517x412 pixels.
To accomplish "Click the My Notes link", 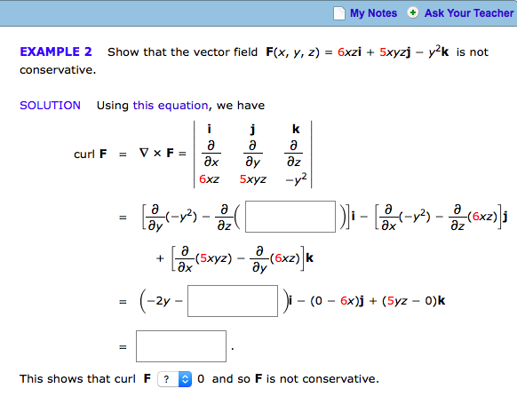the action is [x=373, y=13].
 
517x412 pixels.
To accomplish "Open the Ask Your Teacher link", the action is [x=469, y=13].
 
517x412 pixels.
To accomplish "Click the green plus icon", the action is [x=412, y=12].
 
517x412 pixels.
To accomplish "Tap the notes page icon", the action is [x=339, y=13].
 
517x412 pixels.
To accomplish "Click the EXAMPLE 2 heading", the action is [x=56, y=51].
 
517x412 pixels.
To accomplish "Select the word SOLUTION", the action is [x=50, y=106].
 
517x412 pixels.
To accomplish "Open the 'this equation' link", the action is [x=171, y=106].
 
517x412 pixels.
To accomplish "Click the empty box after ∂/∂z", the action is [x=290, y=217].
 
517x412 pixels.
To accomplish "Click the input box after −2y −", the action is [x=233, y=301].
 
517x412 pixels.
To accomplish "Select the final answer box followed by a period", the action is [x=181, y=346].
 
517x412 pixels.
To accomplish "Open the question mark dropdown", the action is [x=175, y=379].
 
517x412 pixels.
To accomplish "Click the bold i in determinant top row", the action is [x=209, y=129].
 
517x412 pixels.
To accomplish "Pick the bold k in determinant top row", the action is [x=296, y=129].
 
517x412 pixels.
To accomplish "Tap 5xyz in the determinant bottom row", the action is [x=253, y=179].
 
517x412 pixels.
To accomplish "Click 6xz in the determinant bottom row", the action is [x=209, y=179].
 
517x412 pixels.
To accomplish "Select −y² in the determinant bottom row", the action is [x=296, y=179].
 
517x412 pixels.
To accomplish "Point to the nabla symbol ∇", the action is [x=144, y=153].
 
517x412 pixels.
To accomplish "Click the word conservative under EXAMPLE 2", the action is [x=58, y=70].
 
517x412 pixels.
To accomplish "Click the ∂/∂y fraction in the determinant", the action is [x=252, y=154].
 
